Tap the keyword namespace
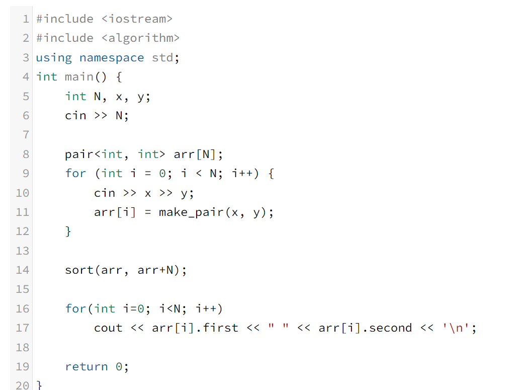pos(111,58)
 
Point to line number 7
pos(26,135)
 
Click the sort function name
pos(79,270)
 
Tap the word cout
pos(108,328)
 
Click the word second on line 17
pos(390,328)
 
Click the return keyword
pos(86,367)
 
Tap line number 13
pos(23,251)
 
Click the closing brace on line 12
pos(68,231)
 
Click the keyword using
pos(54,58)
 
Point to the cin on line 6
pos(75,116)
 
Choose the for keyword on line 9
pos(75,174)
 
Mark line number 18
pos(23,347)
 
